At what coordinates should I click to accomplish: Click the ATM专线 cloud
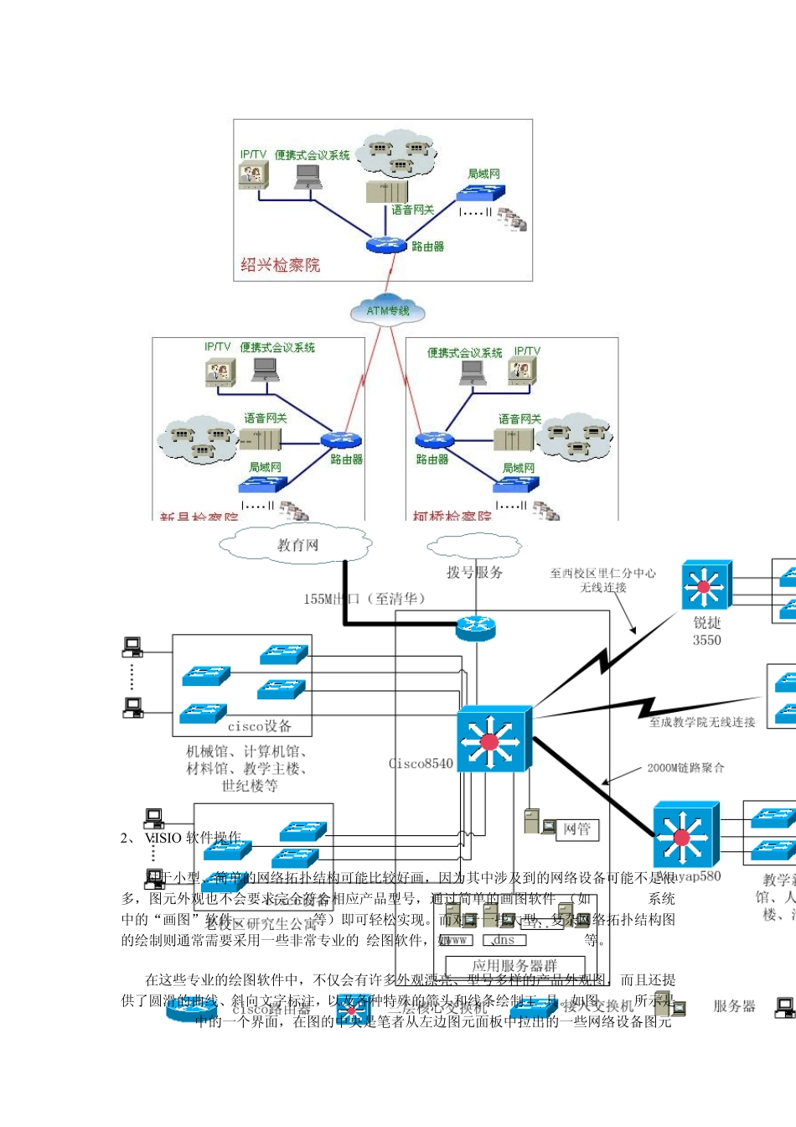click(x=387, y=309)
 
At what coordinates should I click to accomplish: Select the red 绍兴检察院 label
click(x=280, y=265)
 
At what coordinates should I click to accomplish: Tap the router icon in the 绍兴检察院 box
click(x=385, y=245)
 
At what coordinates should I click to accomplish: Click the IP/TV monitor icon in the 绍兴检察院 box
click(x=252, y=174)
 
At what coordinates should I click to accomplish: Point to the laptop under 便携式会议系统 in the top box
click(x=308, y=176)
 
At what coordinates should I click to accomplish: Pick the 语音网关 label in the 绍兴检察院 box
click(x=412, y=210)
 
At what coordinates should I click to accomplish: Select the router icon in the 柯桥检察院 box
click(x=434, y=440)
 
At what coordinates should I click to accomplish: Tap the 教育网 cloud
click(x=297, y=545)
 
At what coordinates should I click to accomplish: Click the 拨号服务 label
click(x=474, y=572)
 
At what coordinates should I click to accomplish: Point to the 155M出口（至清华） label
click(x=365, y=599)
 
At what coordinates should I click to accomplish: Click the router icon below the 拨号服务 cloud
click(x=475, y=626)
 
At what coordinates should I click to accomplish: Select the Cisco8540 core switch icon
click(x=494, y=739)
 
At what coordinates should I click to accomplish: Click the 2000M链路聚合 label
click(x=685, y=767)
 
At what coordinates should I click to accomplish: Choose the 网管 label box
click(x=576, y=829)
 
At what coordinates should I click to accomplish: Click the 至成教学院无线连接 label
click(x=702, y=722)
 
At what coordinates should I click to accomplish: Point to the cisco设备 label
click(x=259, y=726)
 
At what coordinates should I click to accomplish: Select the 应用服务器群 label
click(x=514, y=965)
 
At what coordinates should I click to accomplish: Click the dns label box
click(x=504, y=940)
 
